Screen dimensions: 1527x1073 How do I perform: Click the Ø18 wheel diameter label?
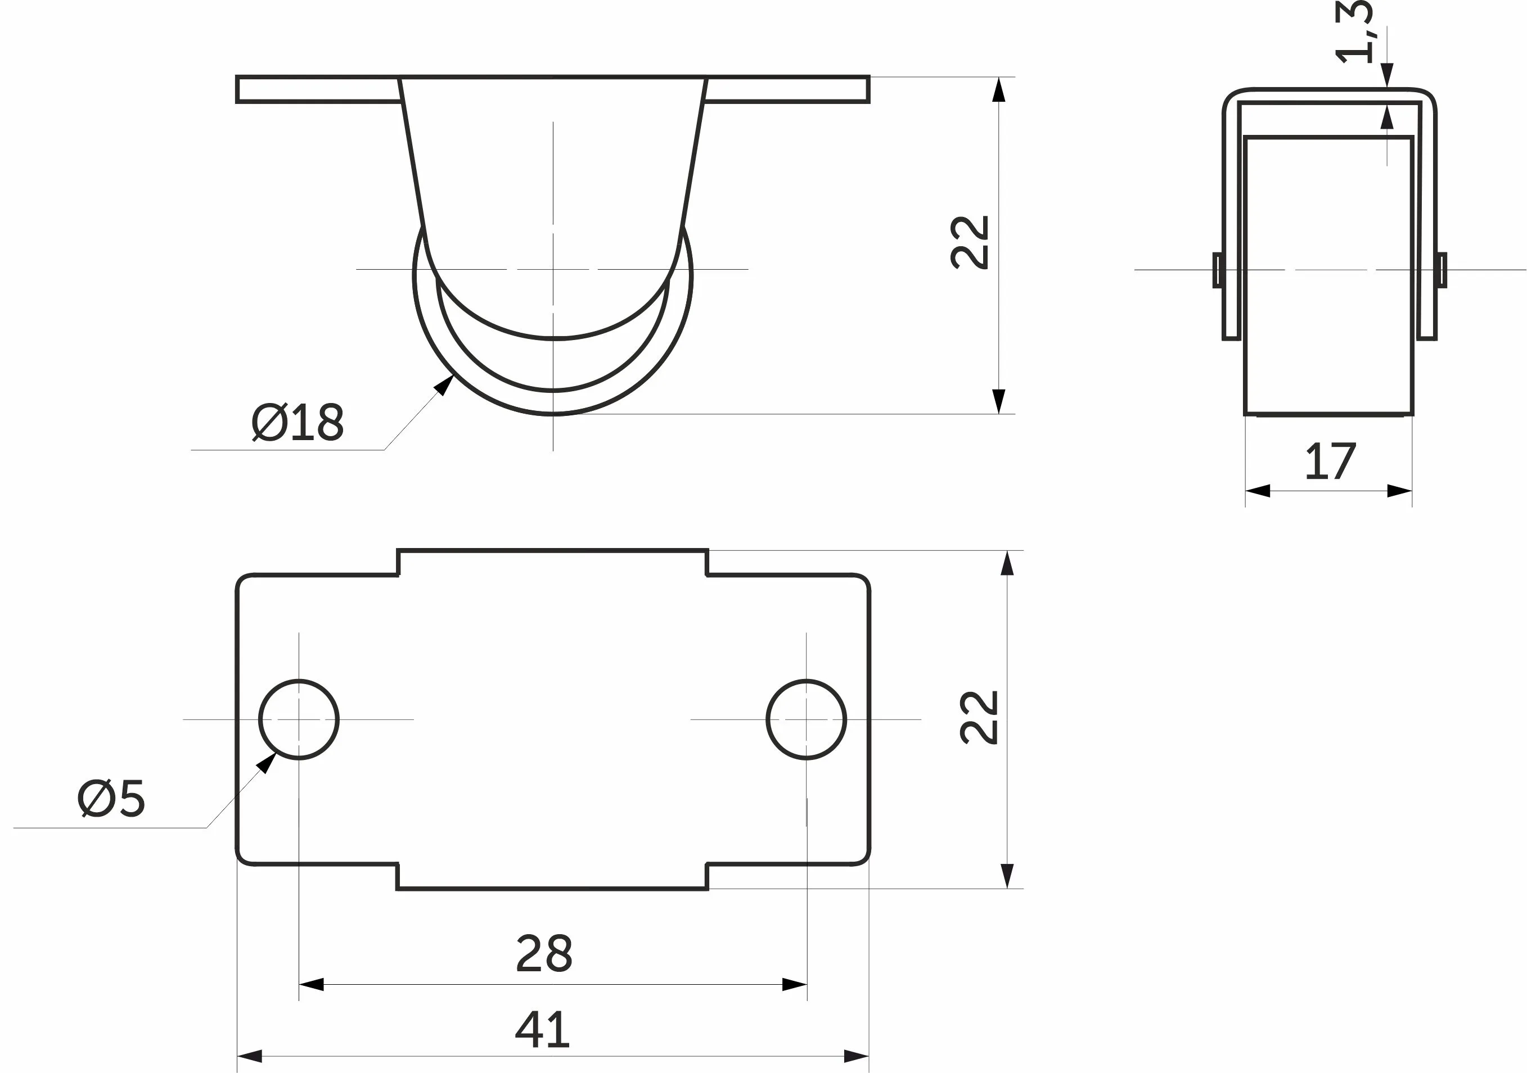click(298, 422)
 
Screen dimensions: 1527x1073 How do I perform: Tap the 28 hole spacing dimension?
click(543, 953)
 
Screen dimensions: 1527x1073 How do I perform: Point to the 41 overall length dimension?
click(542, 1029)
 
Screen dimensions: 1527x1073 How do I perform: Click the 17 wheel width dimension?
click(1330, 461)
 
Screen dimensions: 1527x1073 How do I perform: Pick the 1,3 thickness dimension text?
click(1353, 32)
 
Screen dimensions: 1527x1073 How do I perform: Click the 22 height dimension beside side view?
click(970, 242)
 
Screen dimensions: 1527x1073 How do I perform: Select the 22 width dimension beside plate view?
click(979, 717)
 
